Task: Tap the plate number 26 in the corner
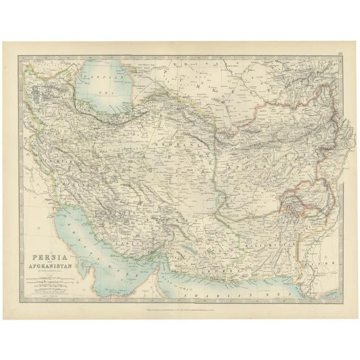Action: [341, 55]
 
